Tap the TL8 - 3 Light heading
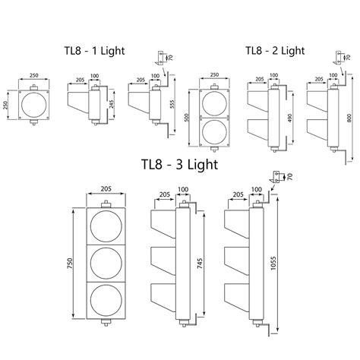click(179, 164)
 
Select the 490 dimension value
click(290, 120)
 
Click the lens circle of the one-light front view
click(34, 105)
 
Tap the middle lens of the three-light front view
click(107, 263)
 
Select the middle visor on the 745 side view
click(162, 257)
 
